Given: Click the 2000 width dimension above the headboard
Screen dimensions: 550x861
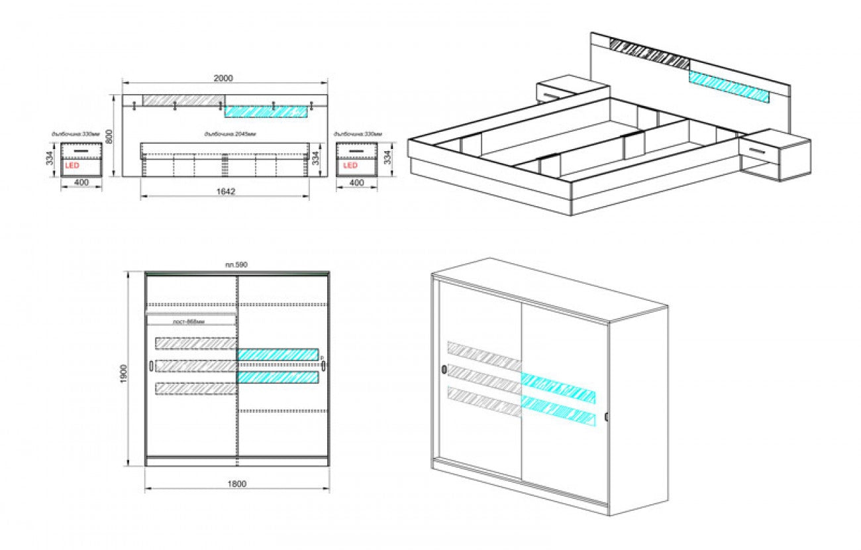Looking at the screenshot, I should [224, 78].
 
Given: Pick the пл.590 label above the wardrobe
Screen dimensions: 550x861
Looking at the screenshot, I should [236, 265].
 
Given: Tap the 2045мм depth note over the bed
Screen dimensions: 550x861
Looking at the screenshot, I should [230, 135].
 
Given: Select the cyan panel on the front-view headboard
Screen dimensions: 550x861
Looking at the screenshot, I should [266, 111].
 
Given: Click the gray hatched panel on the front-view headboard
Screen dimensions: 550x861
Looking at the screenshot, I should [183, 99].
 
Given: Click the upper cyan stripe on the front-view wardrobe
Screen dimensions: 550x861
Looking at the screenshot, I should [278, 355].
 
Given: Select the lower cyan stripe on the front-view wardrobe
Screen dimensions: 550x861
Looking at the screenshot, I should [278, 377].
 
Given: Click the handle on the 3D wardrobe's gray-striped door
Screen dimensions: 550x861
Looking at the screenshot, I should [442, 369].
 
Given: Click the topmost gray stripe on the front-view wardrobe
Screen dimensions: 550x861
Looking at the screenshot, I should [196, 343].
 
